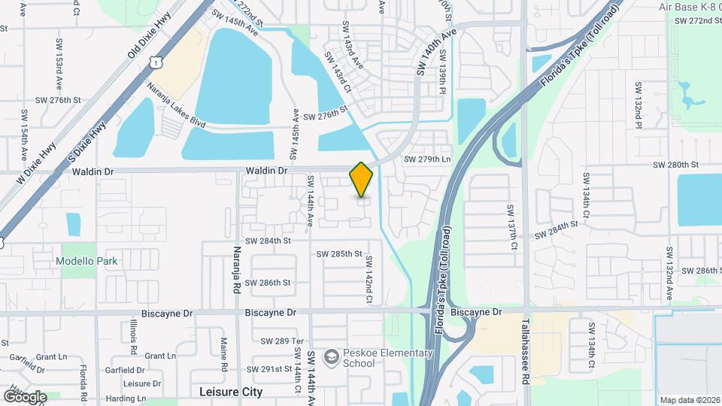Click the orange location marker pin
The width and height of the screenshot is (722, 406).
pos(361,180)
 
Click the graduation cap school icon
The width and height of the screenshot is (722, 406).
pos(330,356)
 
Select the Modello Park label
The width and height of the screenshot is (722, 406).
pos(86,261)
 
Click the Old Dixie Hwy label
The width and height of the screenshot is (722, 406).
pos(149,35)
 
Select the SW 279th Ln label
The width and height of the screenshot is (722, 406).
pos(426,159)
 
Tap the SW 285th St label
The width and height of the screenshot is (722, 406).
pos(339,254)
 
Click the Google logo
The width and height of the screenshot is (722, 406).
pos(25,396)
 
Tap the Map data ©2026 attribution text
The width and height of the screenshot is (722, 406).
pos(689,400)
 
